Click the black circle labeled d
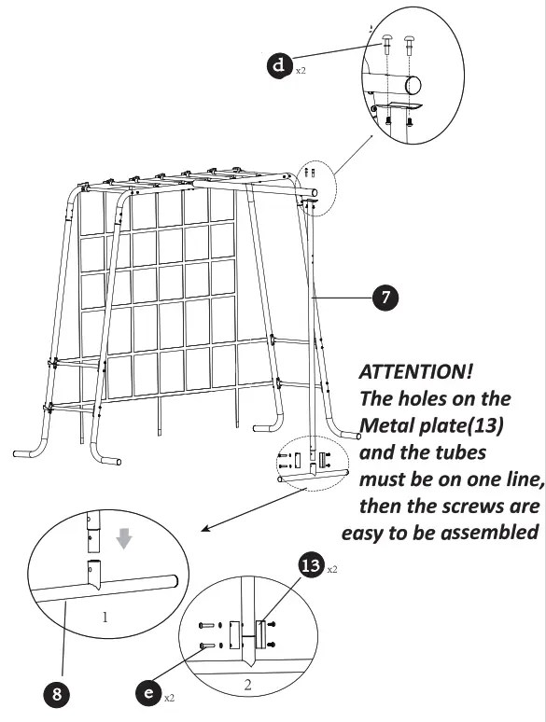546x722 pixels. [279, 66]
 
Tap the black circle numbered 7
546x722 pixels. [383, 298]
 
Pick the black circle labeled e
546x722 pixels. [146, 692]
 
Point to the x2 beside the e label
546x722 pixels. [168, 697]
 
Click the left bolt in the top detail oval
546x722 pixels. [385, 41]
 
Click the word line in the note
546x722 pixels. [517, 479]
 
